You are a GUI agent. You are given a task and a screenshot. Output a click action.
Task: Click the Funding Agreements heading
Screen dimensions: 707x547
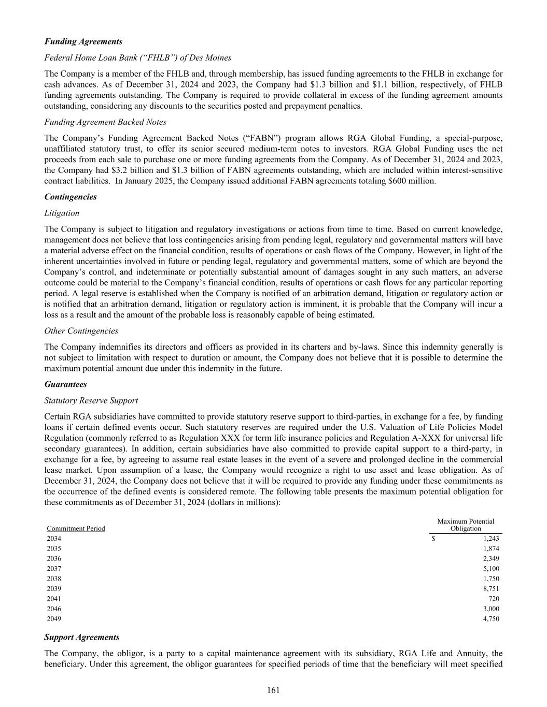pyautogui.click(x=83, y=41)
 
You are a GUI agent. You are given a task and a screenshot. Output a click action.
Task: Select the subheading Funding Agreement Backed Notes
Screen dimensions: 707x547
pyautogui.click(x=105, y=122)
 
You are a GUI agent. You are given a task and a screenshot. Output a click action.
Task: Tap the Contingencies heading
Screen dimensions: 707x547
pyautogui.click(x=71, y=197)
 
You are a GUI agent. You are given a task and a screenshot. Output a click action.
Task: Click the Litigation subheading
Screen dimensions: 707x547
pyautogui.click(x=62, y=213)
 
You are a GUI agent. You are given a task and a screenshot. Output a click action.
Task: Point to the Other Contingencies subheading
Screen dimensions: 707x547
pyautogui.click(x=81, y=331)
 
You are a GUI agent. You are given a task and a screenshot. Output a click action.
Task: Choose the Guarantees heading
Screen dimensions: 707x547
pyautogui.click(x=65, y=384)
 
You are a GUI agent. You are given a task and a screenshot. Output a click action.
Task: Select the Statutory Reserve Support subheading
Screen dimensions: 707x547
pyautogui.click(x=91, y=400)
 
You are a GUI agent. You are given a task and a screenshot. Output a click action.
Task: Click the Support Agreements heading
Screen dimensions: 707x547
pyautogui.click(x=82, y=637)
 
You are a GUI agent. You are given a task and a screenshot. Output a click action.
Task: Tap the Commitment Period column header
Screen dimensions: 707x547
pyautogui.click(x=76, y=528)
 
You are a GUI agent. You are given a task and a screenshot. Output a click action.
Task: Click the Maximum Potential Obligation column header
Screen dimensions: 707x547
pyautogui.click(x=466, y=525)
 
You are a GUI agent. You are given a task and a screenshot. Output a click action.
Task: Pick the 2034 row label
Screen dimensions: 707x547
pyautogui.click(x=54, y=539)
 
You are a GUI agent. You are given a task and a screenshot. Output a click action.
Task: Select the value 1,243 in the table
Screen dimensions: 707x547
pyautogui.click(x=490, y=539)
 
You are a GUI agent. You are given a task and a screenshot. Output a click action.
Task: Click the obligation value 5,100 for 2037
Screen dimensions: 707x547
pyautogui.click(x=490, y=569)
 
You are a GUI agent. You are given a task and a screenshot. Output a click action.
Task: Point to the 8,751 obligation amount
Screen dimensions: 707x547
pyautogui.click(x=490, y=589)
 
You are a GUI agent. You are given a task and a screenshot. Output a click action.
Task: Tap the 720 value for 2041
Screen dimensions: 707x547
pyautogui.click(x=494, y=599)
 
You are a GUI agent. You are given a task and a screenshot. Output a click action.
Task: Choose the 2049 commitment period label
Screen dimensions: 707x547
pyautogui.click(x=54, y=618)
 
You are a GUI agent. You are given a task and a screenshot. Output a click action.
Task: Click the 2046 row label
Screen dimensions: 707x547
pyautogui.click(x=54, y=609)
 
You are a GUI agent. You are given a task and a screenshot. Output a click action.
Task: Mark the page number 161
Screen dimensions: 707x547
pyautogui.click(x=274, y=690)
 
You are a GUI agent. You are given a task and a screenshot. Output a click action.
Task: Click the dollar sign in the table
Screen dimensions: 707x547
pyautogui.click(x=433, y=539)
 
